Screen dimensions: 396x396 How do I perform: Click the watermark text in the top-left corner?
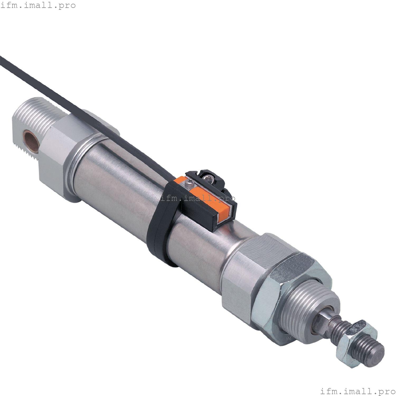coord(38,5)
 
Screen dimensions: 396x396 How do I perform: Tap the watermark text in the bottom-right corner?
coord(358,391)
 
